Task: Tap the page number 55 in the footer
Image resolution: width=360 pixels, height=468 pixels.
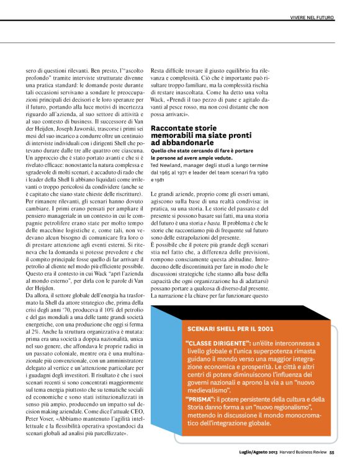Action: [x=332, y=451]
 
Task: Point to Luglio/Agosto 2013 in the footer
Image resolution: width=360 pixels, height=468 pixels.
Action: [x=258, y=451]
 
